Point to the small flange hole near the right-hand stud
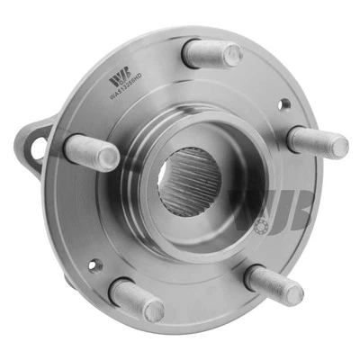(284, 105)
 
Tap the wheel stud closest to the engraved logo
(211, 53)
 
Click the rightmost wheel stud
(317, 142)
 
